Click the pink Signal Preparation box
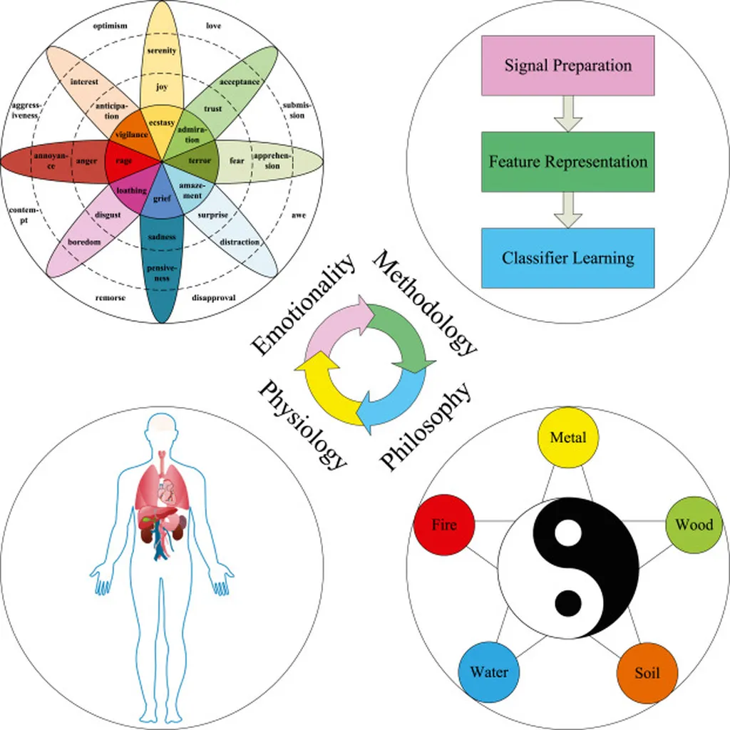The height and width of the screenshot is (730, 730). (x=567, y=65)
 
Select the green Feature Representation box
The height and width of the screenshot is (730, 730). (x=567, y=161)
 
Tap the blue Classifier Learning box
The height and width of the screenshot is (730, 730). (x=567, y=257)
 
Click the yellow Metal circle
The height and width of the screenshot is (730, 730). (x=568, y=437)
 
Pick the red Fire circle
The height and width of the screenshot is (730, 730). (x=444, y=526)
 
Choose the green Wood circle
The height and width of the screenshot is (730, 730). (x=694, y=525)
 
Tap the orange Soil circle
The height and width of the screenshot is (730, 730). (x=647, y=673)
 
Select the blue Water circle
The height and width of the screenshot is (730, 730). (x=489, y=673)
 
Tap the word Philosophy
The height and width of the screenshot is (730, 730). (x=426, y=426)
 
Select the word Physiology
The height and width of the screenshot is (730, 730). (x=303, y=425)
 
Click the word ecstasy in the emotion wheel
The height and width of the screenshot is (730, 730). (x=163, y=123)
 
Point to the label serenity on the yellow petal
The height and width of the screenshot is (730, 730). (x=162, y=51)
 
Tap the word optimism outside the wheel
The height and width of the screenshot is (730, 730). (x=110, y=26)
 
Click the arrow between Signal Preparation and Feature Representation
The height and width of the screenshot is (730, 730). (x=567, y=114)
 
